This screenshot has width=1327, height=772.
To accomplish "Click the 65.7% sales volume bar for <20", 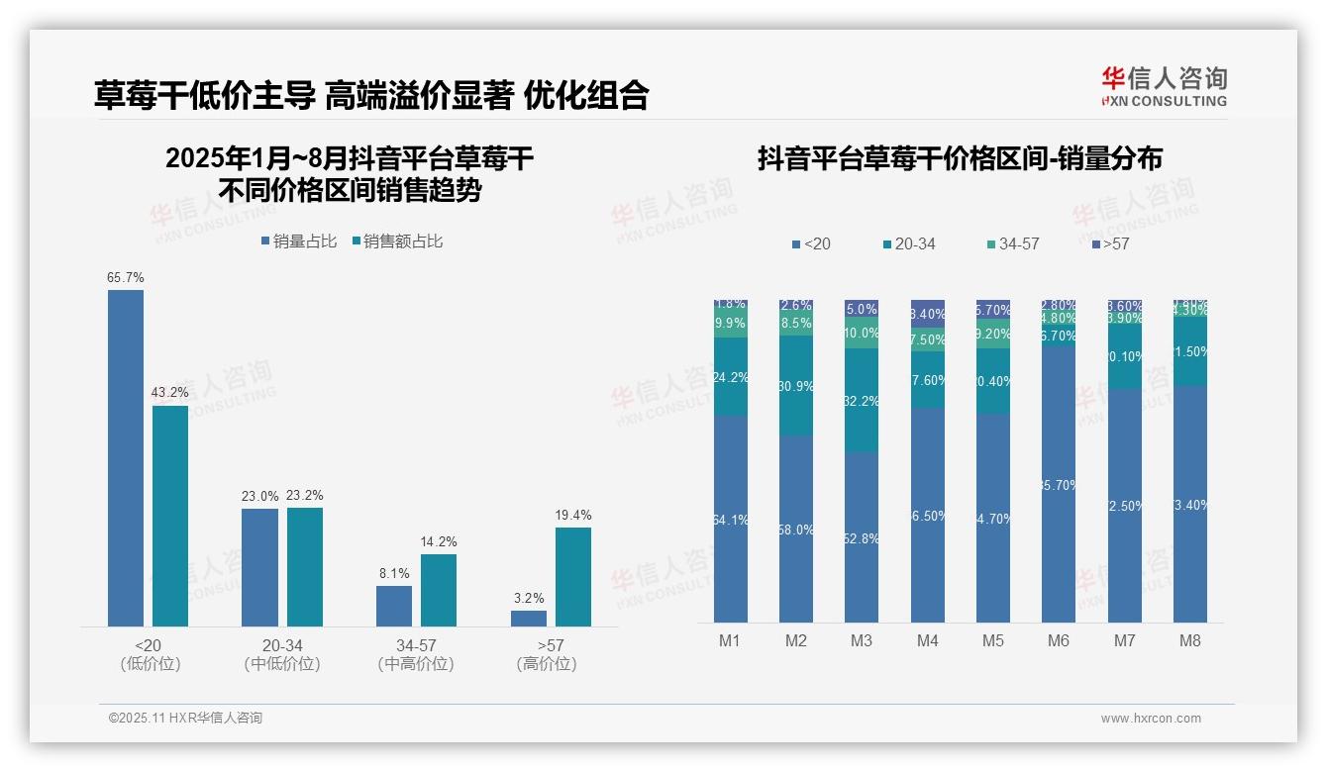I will (126, 457).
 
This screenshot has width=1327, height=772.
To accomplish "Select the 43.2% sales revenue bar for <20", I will (170, 516).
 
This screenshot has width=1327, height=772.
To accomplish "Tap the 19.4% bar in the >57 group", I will (573, 576).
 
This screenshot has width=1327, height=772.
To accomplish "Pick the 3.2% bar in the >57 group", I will (529, 618).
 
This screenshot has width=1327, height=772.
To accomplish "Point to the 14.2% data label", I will (439, 541).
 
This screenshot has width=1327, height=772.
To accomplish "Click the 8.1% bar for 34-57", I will (394, 606).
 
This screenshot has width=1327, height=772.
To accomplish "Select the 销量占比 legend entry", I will (299, 241).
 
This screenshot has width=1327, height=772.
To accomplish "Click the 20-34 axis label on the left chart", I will (282, 645).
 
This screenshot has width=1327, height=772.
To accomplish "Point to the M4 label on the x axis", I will (927, 640).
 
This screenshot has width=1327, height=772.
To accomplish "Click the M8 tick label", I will (1190, 640).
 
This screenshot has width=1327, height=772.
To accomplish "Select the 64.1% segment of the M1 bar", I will (730, 519).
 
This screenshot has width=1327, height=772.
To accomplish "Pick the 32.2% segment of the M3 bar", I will (862, 401).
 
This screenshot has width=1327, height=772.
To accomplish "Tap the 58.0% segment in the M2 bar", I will (796, 529).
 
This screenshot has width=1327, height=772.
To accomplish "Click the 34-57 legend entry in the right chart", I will (1013, 243).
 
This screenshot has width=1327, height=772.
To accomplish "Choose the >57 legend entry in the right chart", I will (1110, 243).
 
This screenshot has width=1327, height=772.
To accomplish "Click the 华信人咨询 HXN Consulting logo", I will (1164, 87).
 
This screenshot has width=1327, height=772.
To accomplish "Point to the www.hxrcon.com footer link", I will (1151, 719).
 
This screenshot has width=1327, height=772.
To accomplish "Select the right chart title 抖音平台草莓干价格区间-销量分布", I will (960, 158).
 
